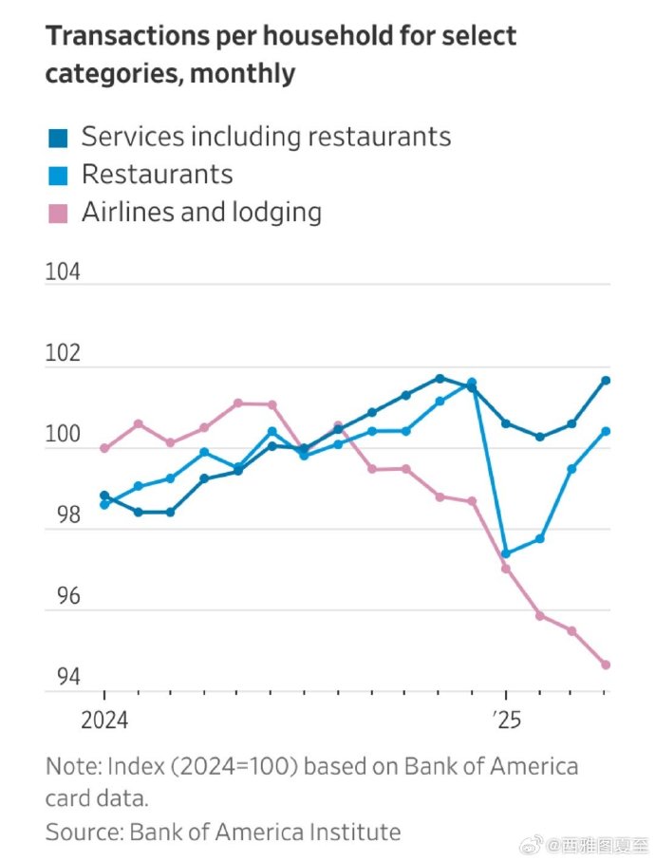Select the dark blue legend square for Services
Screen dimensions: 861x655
58,138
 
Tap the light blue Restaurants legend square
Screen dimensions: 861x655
58,175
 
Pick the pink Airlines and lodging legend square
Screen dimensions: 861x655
58,213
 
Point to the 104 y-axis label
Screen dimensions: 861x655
64,272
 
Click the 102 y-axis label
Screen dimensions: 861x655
64,354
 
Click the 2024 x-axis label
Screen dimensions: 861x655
104,721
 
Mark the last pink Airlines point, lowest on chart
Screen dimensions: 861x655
606,664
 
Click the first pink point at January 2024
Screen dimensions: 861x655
104,448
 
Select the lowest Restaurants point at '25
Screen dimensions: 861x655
506,553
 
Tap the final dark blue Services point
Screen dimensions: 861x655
606,381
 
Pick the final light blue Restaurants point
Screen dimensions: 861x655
606,431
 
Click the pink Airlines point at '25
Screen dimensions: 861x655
506,569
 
